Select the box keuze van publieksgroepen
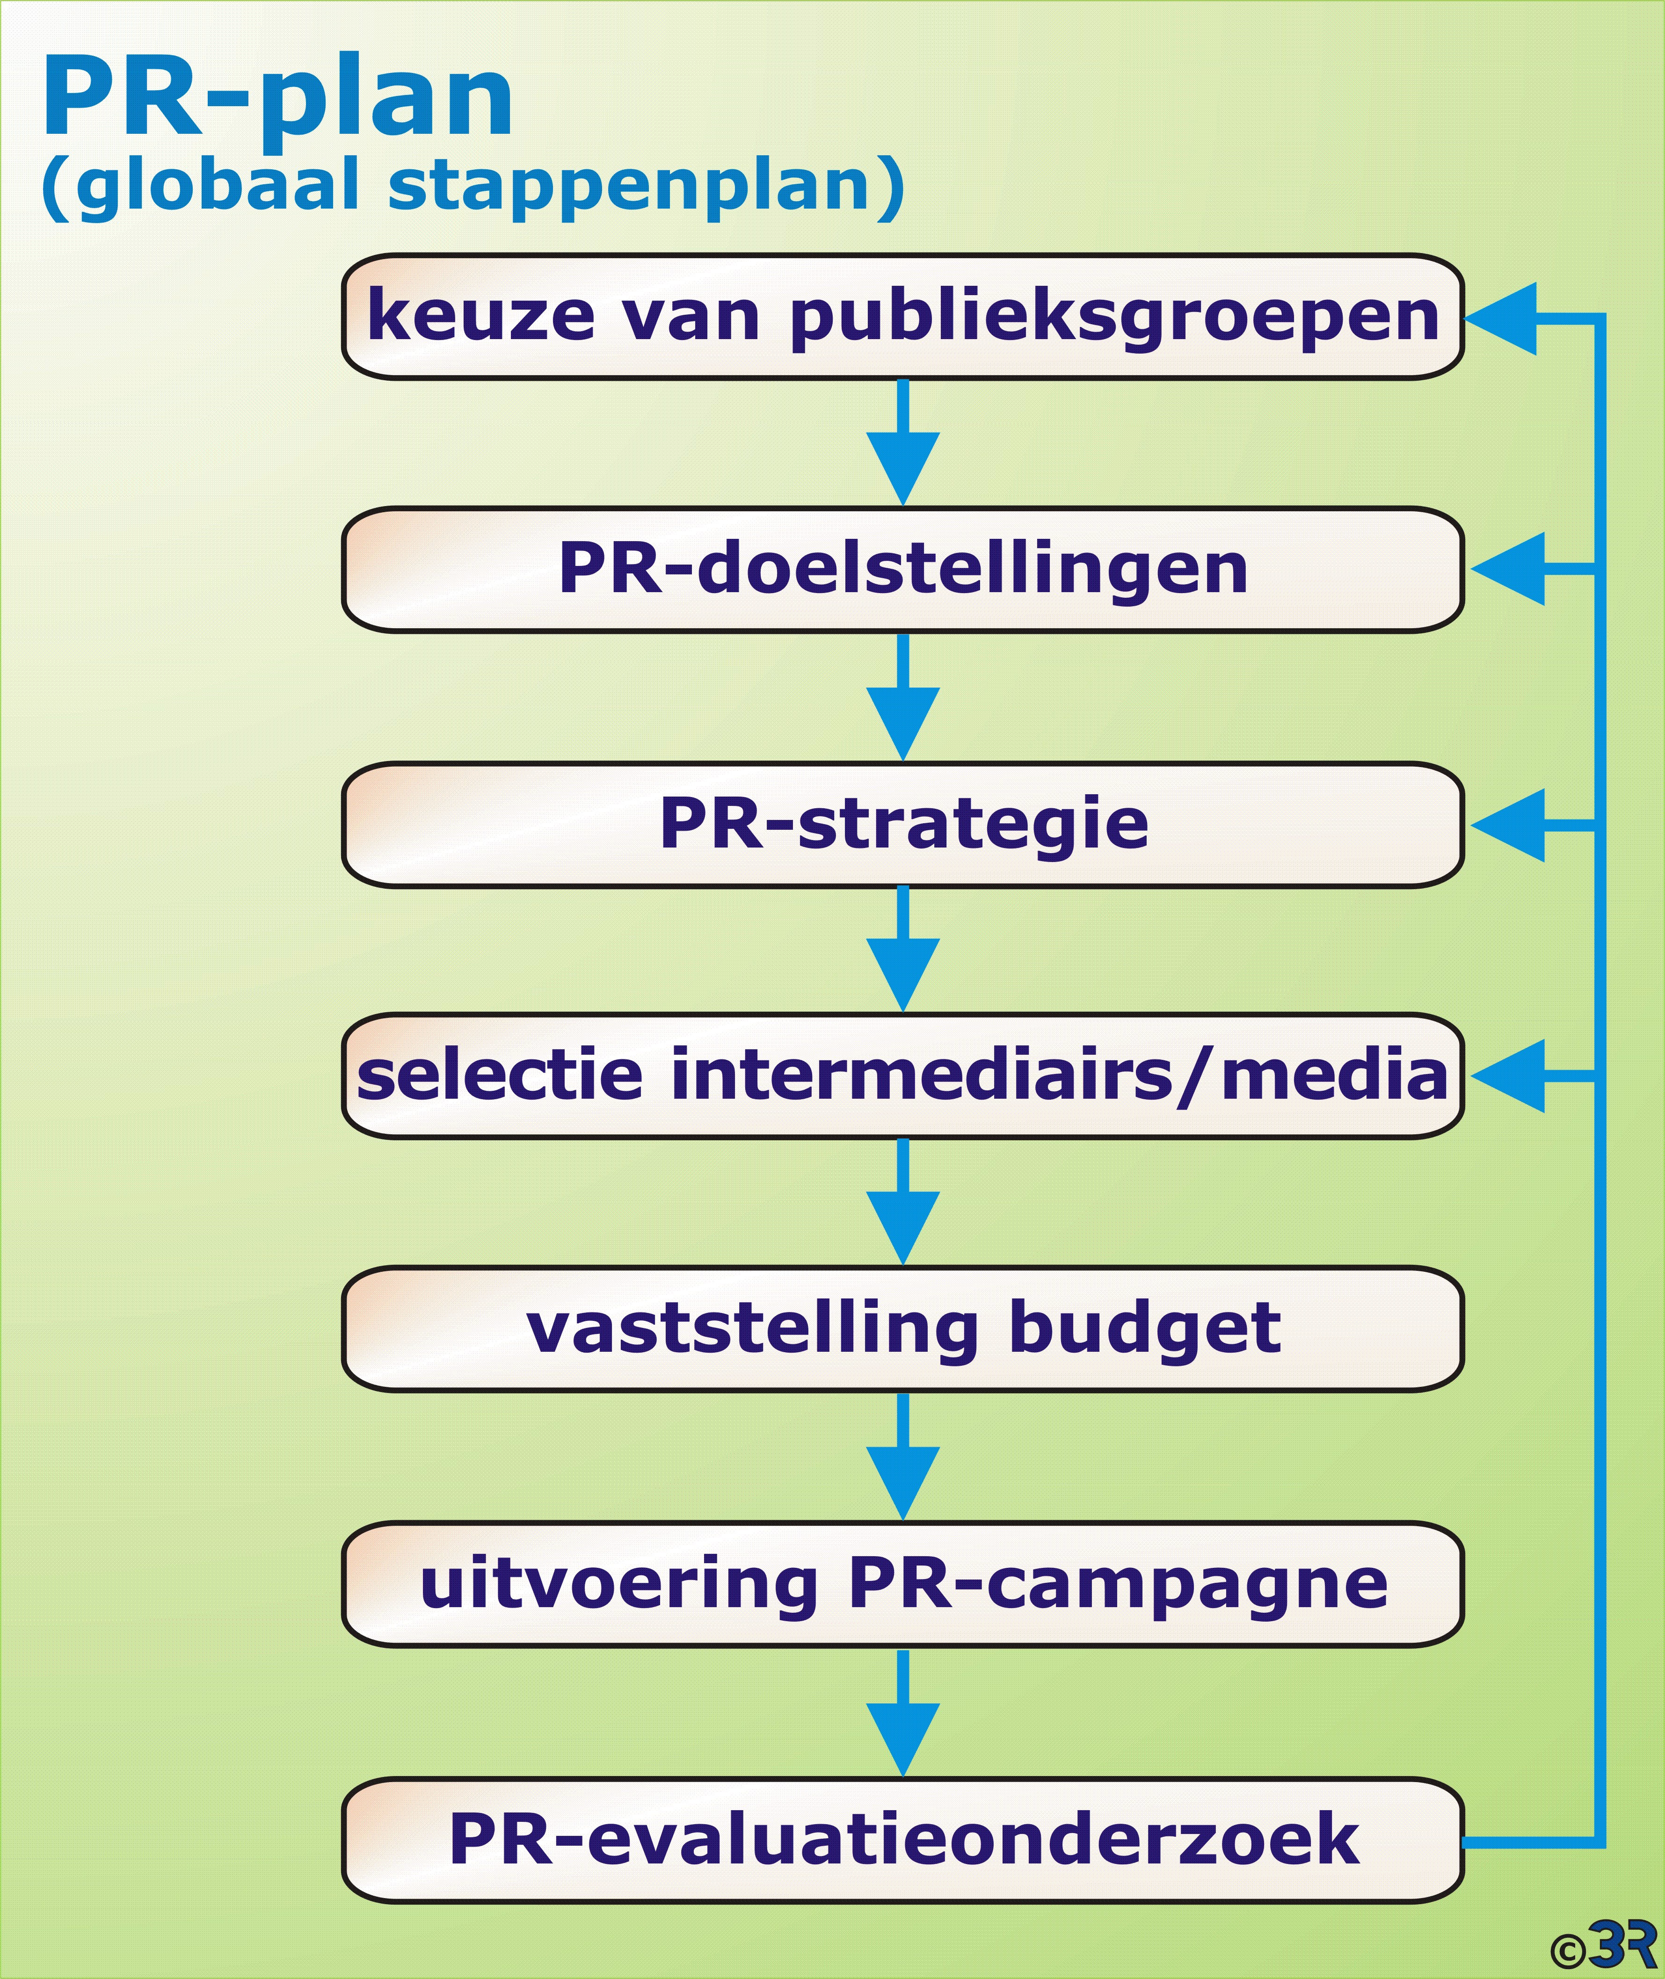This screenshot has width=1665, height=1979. (x=902, y=317)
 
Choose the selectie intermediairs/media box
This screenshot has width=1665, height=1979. (x=902, y=1076)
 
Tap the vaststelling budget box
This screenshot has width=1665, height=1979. (x=902, y=1329)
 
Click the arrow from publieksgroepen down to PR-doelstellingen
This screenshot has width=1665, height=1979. (x=902, y=453)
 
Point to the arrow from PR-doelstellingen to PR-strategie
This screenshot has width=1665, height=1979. (x=902, y=708)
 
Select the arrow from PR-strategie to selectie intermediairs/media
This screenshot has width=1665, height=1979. (x=902, y=960)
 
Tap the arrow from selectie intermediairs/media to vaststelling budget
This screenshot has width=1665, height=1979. (x=902, y=1213)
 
